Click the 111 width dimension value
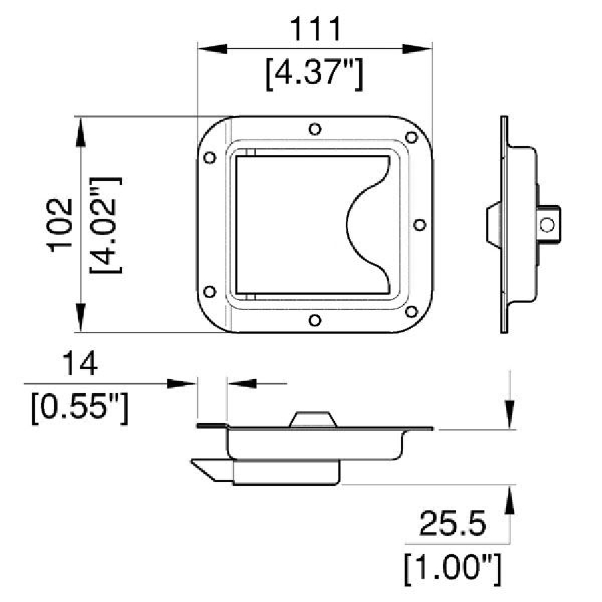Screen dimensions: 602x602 314,31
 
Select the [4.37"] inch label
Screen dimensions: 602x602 314,75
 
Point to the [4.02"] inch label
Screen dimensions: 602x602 106,224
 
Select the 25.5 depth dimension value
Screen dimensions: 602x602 452,524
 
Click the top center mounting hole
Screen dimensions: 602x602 315,129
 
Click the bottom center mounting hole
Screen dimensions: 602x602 315,320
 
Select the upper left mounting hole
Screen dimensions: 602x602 209,158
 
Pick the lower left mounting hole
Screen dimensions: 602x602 209,292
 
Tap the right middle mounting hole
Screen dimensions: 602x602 419,225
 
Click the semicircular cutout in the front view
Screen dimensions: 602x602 368,225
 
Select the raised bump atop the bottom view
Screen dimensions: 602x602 312,419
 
